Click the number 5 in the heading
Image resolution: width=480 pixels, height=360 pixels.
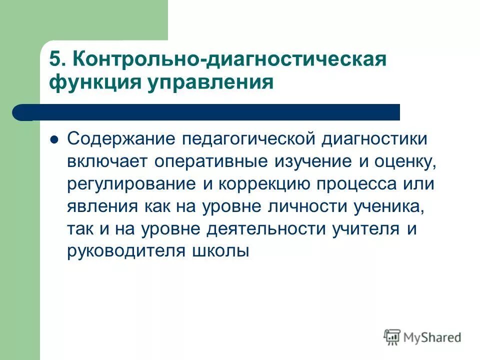tap(54, 58)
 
